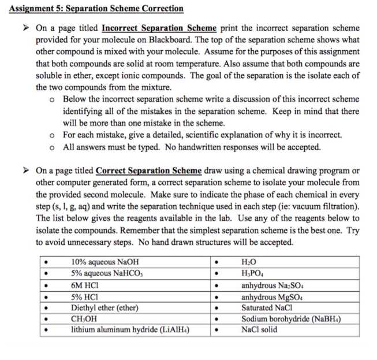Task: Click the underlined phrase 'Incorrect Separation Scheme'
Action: point(159,28)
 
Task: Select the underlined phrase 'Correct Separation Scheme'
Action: point(148,171)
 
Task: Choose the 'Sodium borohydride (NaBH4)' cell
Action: point(294,318)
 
